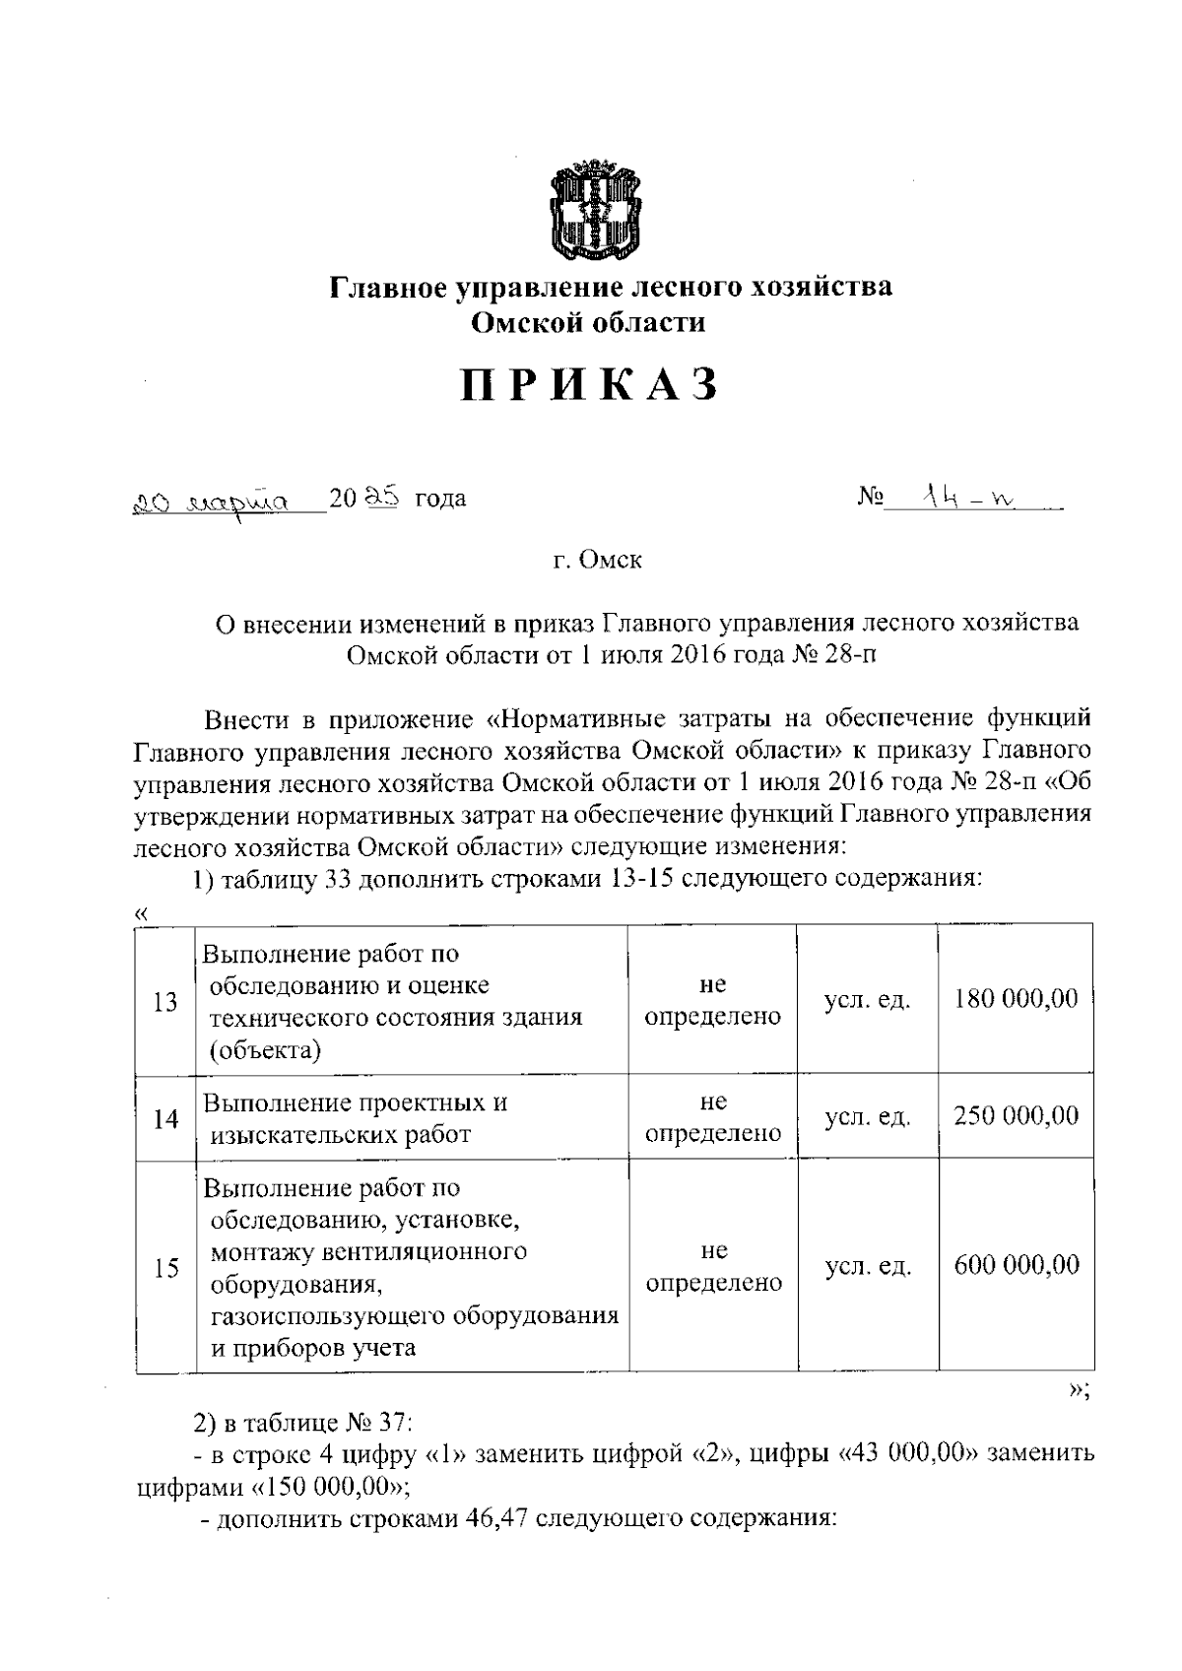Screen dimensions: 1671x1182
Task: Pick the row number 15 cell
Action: click(x=165, y=1268)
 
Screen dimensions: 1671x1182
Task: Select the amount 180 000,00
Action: click(x=1016, y=999)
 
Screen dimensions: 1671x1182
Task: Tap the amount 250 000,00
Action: click(x=1016, y=1115)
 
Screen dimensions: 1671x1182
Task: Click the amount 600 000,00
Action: click(x=1016, y=1265)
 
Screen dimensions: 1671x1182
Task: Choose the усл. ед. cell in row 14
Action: click(x=867, y=1117)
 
